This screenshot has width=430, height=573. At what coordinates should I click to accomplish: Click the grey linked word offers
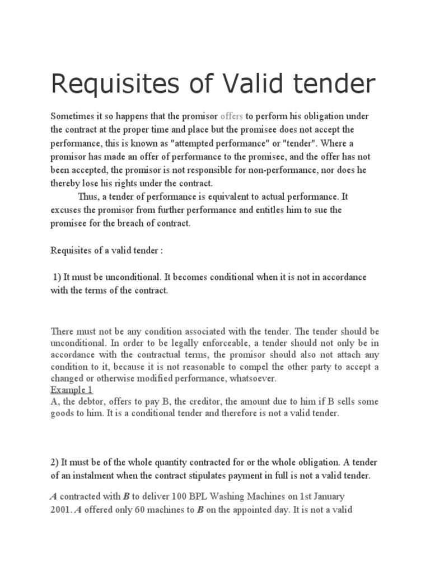[232, 116]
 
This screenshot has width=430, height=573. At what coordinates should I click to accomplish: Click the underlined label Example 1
[72, 390]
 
